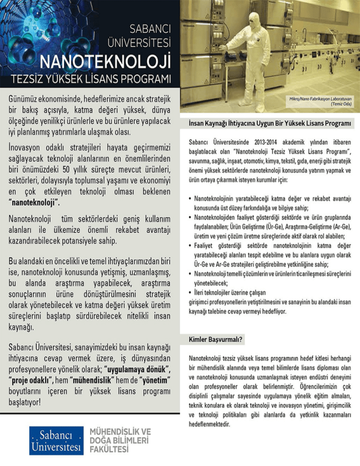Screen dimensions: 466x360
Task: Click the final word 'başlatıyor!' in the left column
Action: click(27, 402)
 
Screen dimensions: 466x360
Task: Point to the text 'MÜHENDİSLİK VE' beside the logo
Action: click(120, 431)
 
